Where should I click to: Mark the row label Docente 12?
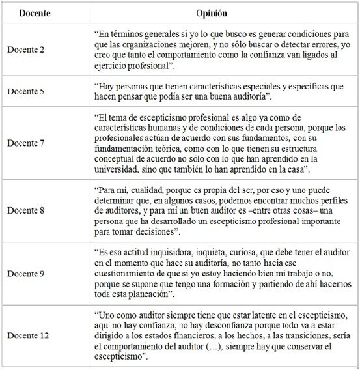click(x=28, y=334)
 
